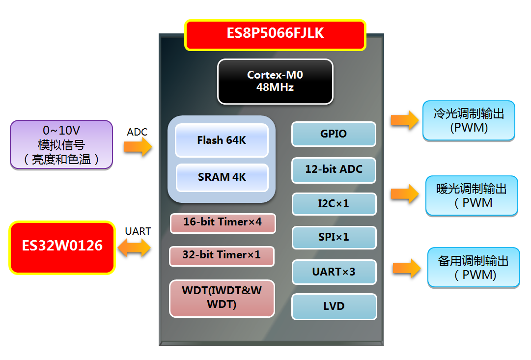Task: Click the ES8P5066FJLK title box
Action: pyautogui.click(x=275, y=34)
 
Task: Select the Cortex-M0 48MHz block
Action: pyautogui.click(x=275, y=82)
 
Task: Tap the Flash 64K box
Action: pyautogui.click(x=222, y=140)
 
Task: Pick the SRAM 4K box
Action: pyautogui.click(x=222, y=177)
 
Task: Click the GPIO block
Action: pyautogui.click(x=334, y=134)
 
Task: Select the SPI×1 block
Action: pyautogui.click(x=334, y=237)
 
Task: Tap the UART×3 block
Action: pyautogui.click(x=334, y=272)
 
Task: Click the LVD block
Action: pyautogui.click(x=334, y=306)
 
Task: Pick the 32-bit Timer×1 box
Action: pyautogui.click(x=222, y=256)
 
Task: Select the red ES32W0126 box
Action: pyautogui.click(x=62, y=248)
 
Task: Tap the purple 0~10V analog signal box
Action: pyautogui.click(x=62, y=145)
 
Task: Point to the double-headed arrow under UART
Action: pyautogui.click(x=134, y=247)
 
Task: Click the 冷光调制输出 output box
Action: pyautogui.click(x=469, y=121)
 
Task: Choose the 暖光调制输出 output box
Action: pyautogui.click(x=472, y=195)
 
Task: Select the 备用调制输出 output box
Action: pyautogui.click(x=474, y=267)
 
